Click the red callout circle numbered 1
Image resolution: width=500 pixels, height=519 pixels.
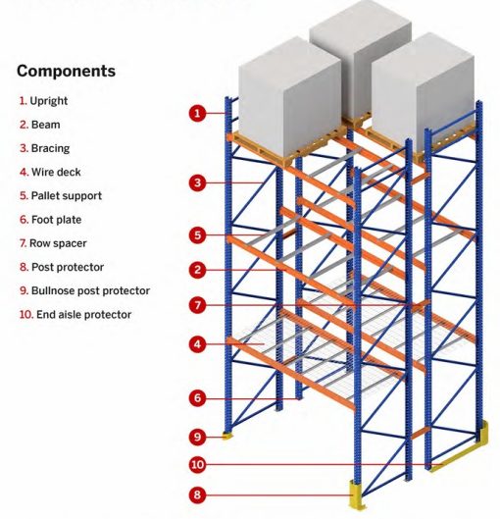tap(197, 113)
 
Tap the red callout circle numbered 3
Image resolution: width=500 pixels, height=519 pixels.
tap(197, 182)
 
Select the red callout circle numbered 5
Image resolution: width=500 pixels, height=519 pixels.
tap(197, 235)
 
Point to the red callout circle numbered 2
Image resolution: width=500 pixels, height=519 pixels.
tap(197, 270)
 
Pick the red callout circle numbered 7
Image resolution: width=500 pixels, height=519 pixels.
tap(197, 305)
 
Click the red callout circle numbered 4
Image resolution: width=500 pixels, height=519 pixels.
tap(197, 344)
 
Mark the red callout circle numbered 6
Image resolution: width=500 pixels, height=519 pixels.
tap(197, 398)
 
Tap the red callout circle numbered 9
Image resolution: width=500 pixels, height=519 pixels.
tap(197, 437)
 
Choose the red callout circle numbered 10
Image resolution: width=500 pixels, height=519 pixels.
tap(197, 465)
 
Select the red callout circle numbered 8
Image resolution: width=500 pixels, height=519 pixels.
tap(197, 494)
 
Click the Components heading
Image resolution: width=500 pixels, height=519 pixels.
tap(66, 72)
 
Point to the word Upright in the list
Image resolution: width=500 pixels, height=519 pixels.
tap(49, 101)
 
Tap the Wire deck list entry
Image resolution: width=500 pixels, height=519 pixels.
tap(50, 172)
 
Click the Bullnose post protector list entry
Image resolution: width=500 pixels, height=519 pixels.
tap(84, 290)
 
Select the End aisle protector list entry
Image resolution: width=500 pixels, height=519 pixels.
tap(75, 315)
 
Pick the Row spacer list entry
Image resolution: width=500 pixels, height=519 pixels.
tap(53, 243)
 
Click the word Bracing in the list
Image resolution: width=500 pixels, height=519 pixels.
tap(50, 148)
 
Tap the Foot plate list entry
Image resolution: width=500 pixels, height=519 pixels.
tap(50, 220)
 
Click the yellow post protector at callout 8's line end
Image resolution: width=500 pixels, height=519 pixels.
tap(356, 495)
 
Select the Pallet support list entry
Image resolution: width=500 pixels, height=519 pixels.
tap(61, 196)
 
